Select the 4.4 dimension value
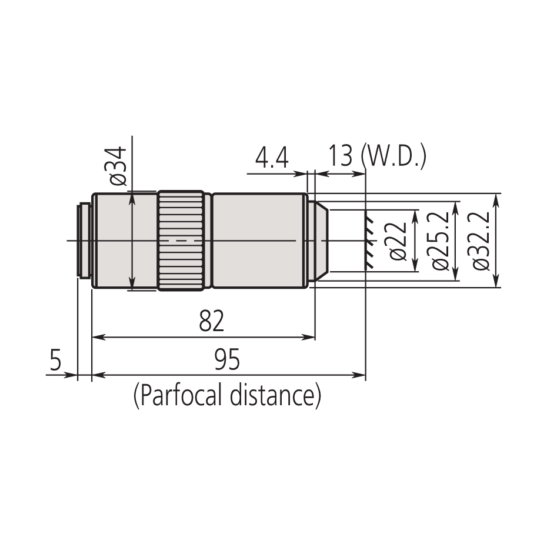(x=271, y=158)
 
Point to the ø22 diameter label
(x=399, y=241)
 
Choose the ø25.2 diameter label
(x=440, y=241)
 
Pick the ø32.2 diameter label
(x=481, y=241)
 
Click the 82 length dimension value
(x=211, y=322)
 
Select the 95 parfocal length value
(x=227, y=359)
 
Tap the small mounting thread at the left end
(x=84, y=241)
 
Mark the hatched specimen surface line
(x=369, y=241)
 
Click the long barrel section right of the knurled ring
(x=259, y=241)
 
